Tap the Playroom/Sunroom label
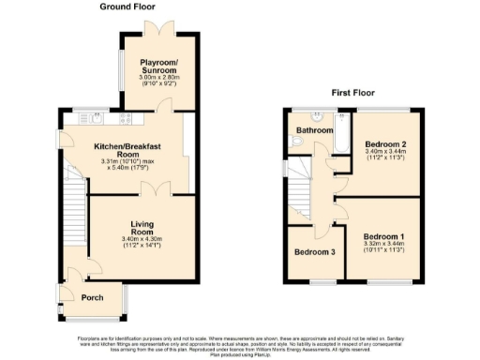[x=157, y=67]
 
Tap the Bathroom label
[x=315, y=130]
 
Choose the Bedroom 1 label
[x=385, y=236]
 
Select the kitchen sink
[x=95, y=119]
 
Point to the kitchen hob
[x=125, y=119]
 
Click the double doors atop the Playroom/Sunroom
[x=157, y=27]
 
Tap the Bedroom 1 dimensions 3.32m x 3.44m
[x=385, y=246]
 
